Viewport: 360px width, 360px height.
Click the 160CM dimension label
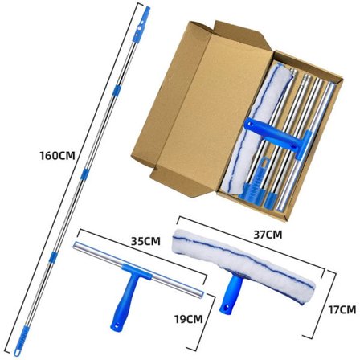[x=58, y=156]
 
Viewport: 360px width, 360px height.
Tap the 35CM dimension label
[x=145, y=241]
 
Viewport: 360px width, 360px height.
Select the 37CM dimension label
[x=268, y=235]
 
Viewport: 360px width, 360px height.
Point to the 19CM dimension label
[x=189, y=319]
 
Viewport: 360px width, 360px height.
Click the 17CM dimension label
[x=342, y=309]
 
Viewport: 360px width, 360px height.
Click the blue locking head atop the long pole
[x=141, y=24]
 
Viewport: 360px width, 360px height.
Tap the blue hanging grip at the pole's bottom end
[x=21, y=341]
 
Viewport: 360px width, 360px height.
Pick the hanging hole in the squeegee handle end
[x=117, y=326]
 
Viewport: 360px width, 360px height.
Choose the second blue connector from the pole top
[x=117, y=91]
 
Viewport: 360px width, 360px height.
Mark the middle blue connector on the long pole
[x=84, y=174]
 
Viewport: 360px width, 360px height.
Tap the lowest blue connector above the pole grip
[x=53, y=257]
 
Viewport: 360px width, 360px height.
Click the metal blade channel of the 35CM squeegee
[x=138, y=268]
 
